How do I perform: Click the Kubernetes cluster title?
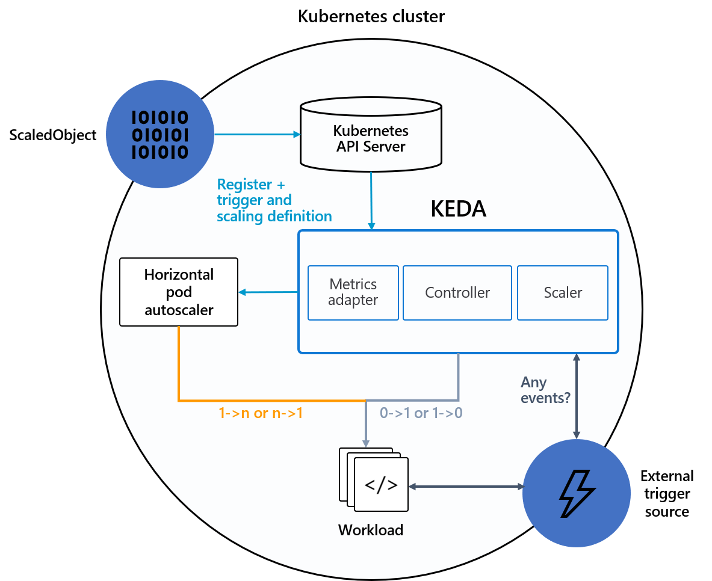[x=371, y=16]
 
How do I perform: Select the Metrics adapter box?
[x=353, y=292]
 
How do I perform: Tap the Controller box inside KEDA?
[x=457, y=293]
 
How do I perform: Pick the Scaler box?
[x=563, y=293]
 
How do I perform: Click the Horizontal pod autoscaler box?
[x=179, y=292]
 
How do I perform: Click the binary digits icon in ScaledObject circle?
[x=159, y=134]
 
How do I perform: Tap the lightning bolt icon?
[x=577, y=494]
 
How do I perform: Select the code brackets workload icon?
[x=381, y=485]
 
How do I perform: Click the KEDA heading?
[x=458, y=209]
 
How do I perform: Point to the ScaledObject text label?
[x=53, y=135]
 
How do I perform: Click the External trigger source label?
[x=667, y=494]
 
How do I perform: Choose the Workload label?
[x=371, y=530]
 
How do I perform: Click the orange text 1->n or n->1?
[x=260, y=414]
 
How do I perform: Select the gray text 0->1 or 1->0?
[x=421, y=414]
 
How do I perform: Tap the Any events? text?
[x=545, y=390]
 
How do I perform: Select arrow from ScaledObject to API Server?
[x=258, y=135]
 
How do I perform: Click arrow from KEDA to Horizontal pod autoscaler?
[x=268, y=292]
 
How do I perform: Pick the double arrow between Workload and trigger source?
[x=466, y=486]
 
